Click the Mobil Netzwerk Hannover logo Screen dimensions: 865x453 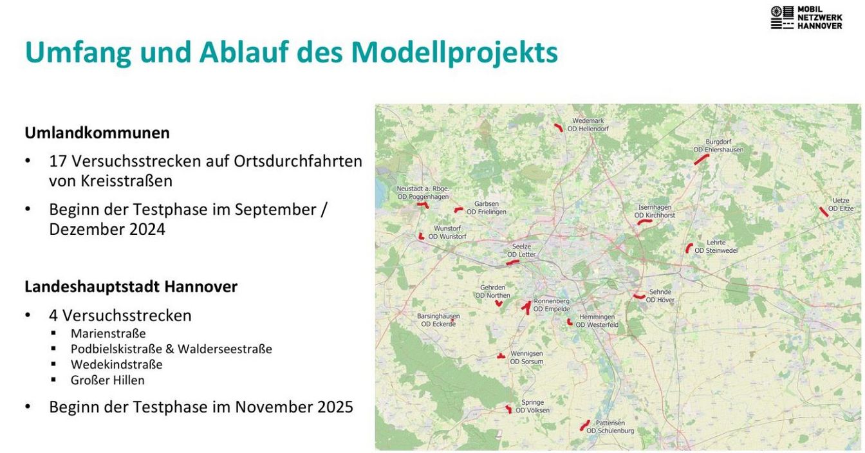click(x=806, y=17)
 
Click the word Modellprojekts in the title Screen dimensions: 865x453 click(x=454, y=52)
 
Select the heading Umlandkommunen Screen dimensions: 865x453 click(x=97, y=133)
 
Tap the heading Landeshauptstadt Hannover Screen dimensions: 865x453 click(x=131, y=286)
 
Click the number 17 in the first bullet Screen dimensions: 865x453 click(x=57, y=162)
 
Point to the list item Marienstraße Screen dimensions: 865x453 click(x=108, y=333)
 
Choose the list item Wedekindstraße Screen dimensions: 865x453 click(x=116, y=365)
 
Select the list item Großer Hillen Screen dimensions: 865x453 click(x=107, y=380)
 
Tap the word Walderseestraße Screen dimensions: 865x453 click(x=225, y=349)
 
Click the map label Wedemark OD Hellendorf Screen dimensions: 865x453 click(x=588, y=125)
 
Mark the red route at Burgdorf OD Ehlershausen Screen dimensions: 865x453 click(x=702, y=159)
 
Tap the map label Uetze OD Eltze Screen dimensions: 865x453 click(x=841, y=205)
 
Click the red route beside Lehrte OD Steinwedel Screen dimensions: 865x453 click(x=689, y=248)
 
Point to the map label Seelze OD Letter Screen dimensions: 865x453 click(x=521, y=250)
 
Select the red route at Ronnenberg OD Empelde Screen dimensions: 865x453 click(x=527, y=307)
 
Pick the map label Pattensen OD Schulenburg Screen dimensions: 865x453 click(x=610, y=427)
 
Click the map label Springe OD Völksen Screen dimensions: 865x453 click(x=532, y=406)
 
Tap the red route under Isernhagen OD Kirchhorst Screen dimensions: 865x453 click(x=644, y=221)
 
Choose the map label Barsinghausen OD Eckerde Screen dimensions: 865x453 click(x=438, y=320)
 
